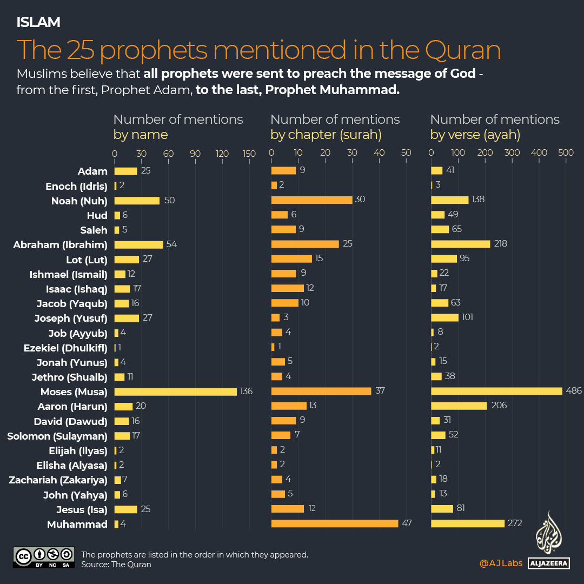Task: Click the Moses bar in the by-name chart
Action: [x=175, y=391]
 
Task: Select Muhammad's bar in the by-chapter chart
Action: [x=334, y=523]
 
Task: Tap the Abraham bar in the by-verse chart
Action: [x=460, y=244]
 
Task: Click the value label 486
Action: [x=574, y=391]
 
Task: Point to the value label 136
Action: [x=246, y=391]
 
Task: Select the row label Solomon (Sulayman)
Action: [x=57, y=436]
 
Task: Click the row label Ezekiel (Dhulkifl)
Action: [x=65, y=348]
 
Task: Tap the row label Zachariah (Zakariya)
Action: [x=58, y=480]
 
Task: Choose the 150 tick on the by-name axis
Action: [x=249, y=154]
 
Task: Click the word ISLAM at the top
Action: [x=38, y=22]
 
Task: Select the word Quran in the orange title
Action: [x=462, y=50]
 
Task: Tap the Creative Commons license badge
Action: [x=43, y=558]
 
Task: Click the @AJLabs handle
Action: [x=501, y=563]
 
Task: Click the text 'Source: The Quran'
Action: [x=116, y=565]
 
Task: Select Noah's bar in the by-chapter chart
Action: [x=311, y=200]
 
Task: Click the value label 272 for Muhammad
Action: [x=515, y=523]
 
